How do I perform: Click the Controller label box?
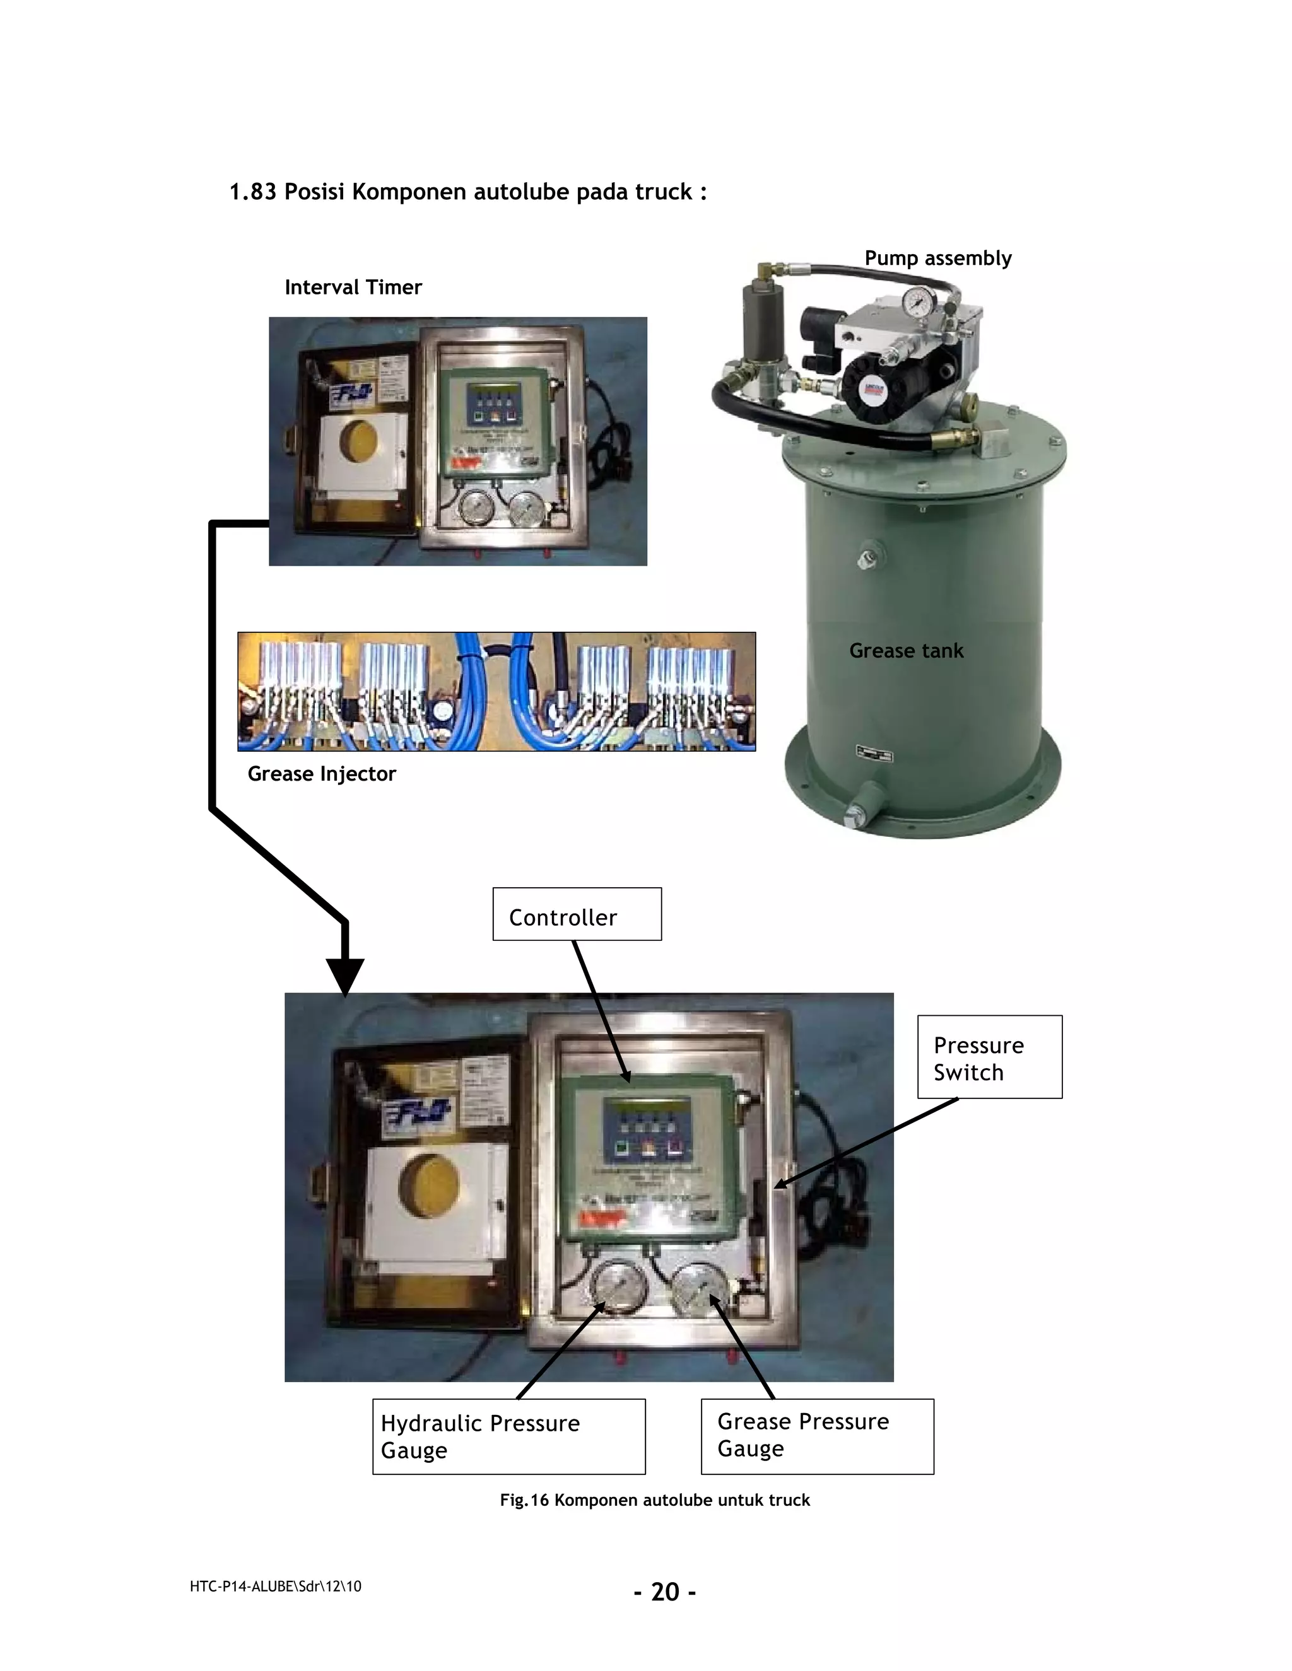pos(577,914)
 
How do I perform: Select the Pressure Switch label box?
pos(989,1057)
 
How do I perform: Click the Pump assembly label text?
pos(937,259)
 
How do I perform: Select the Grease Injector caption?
pos(322,774)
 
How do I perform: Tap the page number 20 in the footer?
pos(665,1592)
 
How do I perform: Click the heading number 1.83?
pos(252,192)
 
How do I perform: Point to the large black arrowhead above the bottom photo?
pos(345,975)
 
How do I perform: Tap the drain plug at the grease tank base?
pos(858,813)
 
